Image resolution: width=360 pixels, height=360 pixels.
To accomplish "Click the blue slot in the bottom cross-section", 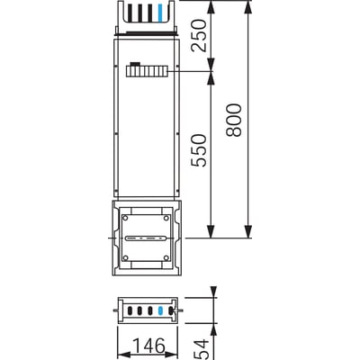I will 160,310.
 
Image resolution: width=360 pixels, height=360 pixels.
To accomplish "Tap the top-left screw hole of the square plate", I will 128,219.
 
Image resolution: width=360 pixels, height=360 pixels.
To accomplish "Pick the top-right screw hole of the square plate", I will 166,219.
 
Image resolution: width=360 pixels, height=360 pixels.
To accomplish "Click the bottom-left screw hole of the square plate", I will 128,257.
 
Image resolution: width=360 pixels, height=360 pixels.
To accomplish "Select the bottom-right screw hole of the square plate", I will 166,257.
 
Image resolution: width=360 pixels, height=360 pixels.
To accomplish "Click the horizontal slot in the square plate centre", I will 147,238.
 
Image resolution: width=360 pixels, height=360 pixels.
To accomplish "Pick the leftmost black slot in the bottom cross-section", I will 132,310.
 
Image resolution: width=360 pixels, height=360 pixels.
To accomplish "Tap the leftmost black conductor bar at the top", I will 127,13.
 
